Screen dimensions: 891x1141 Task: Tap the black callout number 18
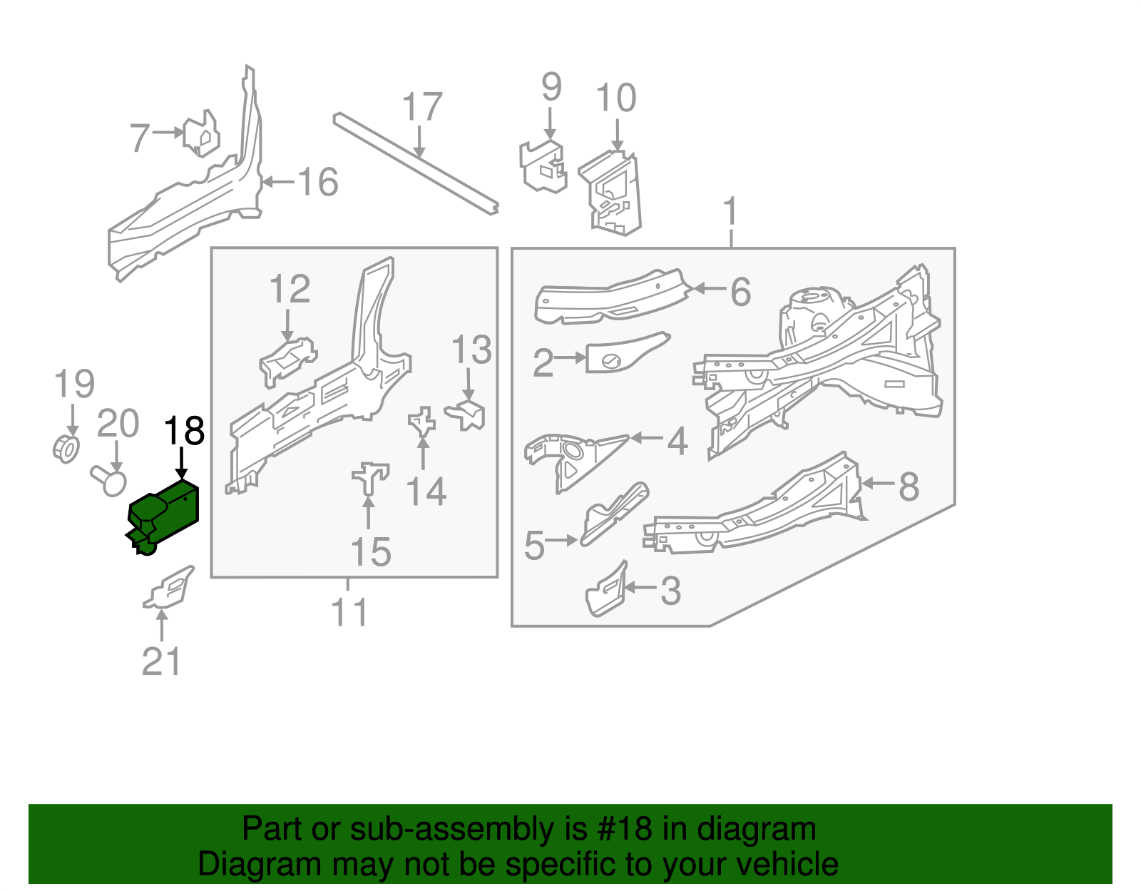pos(185,432)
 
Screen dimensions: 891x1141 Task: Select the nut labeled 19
pos(66,448)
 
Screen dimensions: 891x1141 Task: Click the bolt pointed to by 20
pos(109,480)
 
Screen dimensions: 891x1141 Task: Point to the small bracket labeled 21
pos(170,589)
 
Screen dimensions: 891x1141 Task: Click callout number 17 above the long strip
pos(422,108)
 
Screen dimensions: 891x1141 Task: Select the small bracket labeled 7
pos(200,133)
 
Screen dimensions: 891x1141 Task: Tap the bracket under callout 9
pos(543,167)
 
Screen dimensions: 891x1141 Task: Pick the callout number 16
pos(318,182)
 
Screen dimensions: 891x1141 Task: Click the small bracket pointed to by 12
pos(287,361)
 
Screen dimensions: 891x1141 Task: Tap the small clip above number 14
pos(421,422)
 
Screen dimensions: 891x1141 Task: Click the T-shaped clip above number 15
pos(369,477)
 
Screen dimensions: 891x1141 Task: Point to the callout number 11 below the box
pos(349,612)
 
